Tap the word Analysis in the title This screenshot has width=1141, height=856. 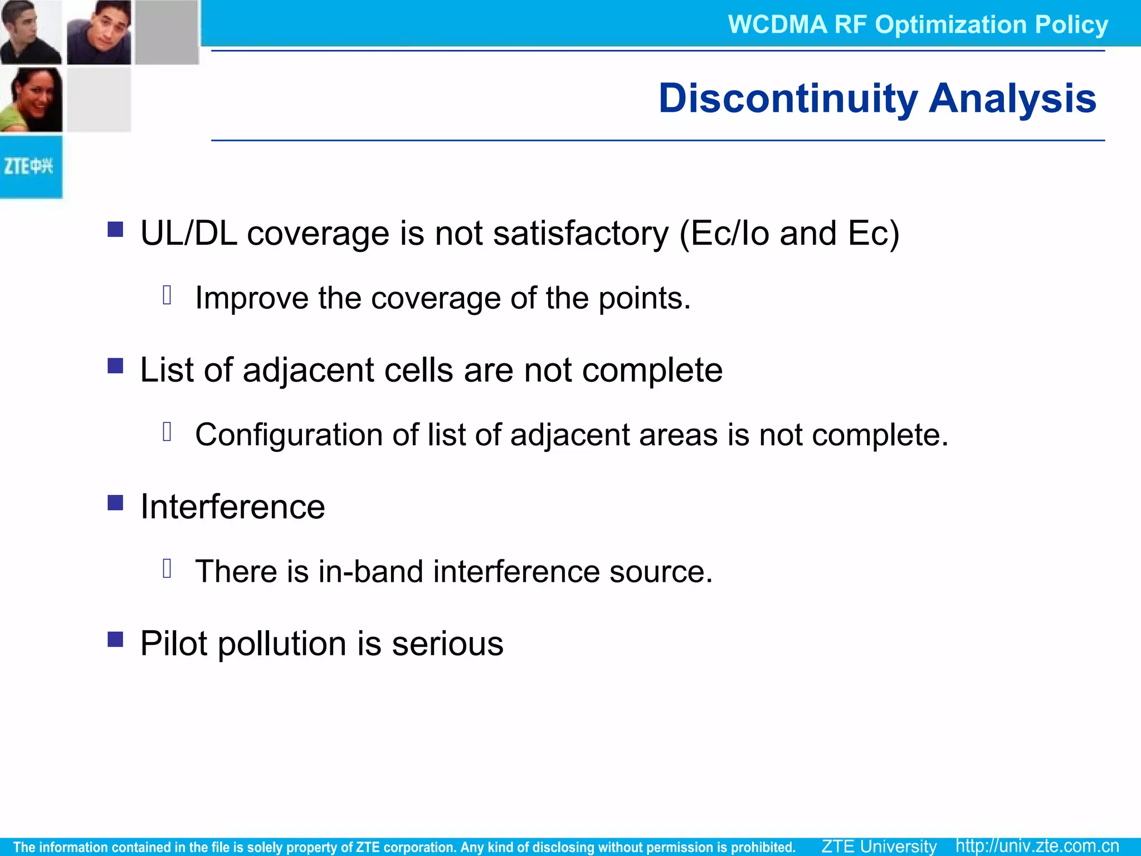[1012, 99]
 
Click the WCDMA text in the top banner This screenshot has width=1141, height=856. [777, 25]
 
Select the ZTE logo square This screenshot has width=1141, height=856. [31, 166]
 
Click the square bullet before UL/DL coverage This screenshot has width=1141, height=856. [115, 230]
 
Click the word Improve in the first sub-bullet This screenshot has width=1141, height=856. [251, 298]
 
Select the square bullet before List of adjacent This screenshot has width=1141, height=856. [115, 366]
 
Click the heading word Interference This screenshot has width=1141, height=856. [232, 507]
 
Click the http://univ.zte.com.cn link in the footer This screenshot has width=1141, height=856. [1037, 846]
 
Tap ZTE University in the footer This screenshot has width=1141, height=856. [879, 846]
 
